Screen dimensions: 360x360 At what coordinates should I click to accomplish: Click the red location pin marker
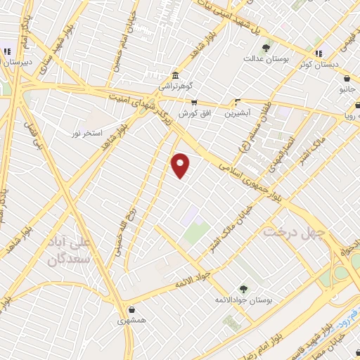click(x=181, y=165)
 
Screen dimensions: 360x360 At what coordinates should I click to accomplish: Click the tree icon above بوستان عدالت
click(x=266, y=49)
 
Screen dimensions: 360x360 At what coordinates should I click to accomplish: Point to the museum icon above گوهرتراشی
click(x=174, y=75)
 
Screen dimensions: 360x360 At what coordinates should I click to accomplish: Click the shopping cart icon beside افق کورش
click(x=194, y=101)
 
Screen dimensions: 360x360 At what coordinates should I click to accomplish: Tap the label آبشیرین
click(x=236, y=112)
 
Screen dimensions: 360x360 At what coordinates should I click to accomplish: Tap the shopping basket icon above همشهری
click(x=131, y=308)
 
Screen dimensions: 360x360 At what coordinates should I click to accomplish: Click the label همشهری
click(x=132, y=320)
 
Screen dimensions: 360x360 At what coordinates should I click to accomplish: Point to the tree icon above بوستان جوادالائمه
click(x=243, y=288)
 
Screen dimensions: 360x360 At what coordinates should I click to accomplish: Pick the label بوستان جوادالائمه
click(x=243, y=300)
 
